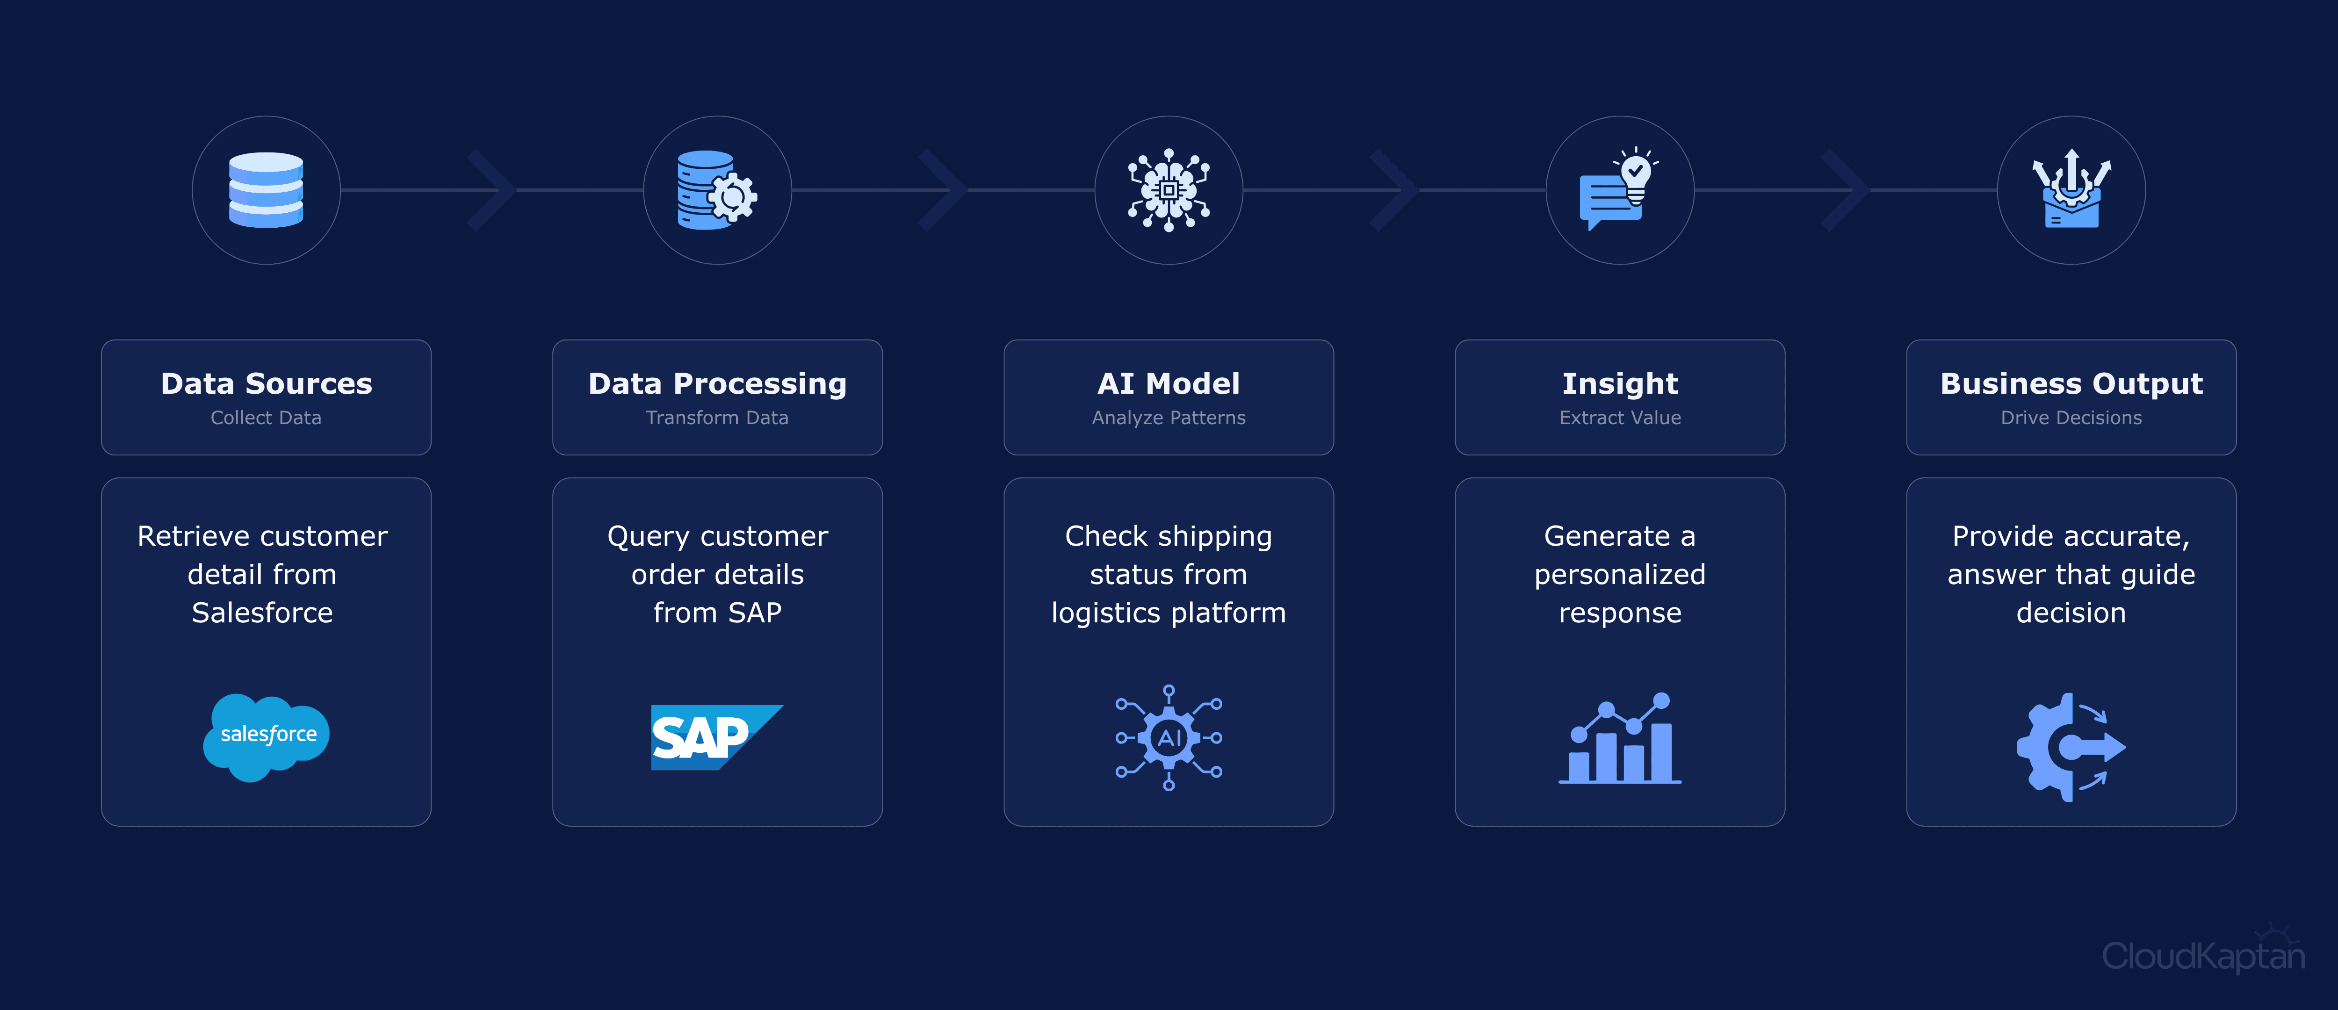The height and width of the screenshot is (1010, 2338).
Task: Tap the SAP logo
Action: click(716, 737)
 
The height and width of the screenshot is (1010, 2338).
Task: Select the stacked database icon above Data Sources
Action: click(266, 190)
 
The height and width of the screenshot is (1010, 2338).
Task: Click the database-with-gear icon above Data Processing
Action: click(717, 190)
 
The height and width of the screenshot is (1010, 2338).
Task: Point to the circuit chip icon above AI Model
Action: click(1169, 190)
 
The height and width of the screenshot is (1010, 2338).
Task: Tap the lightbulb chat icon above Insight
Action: click(1620, 189)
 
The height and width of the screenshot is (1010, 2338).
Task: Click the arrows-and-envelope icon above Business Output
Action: click(2071, 189)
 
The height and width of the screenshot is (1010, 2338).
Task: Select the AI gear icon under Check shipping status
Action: click(1169, 737)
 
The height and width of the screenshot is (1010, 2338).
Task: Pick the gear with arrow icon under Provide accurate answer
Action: click(2071, 747)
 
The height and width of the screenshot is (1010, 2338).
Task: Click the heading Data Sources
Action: click(266, 384)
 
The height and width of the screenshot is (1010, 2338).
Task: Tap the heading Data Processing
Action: click(717, 384)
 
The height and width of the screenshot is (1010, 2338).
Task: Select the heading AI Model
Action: click(1169, 384)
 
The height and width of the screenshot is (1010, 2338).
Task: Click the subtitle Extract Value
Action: click(1620, 418)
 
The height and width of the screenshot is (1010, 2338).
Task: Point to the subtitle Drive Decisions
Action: click(2071, 418)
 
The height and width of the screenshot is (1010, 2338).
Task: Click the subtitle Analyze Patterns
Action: click(1169, 418)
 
